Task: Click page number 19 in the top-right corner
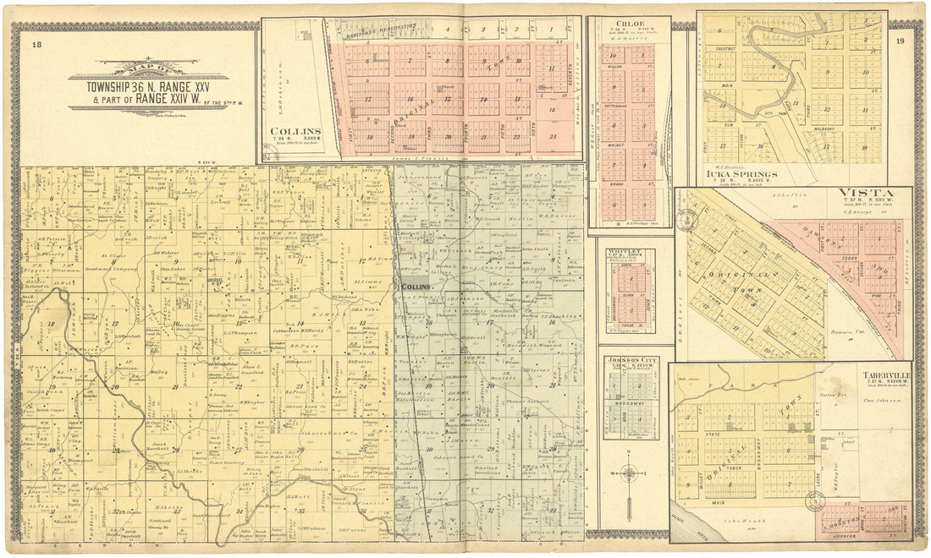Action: point(900,41)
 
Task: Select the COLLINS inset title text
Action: point(295,132)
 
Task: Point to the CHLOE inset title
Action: point(629,24)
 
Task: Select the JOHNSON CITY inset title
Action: point(630,359)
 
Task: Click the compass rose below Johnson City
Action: point(630,473)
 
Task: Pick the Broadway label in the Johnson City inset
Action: point(630,403)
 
